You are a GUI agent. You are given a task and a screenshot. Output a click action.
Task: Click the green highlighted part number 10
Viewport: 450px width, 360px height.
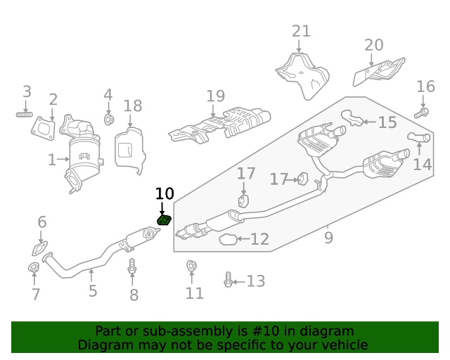coord(164,220)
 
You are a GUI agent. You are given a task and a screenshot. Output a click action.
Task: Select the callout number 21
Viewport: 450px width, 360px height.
coord(301,32)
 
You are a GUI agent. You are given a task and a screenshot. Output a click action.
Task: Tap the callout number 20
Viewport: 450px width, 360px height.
coord(374,46)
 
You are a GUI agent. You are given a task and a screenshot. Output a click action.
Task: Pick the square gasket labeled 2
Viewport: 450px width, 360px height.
coord(44,128)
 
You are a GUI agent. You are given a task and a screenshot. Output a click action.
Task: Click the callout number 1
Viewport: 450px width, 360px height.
coord(52,160)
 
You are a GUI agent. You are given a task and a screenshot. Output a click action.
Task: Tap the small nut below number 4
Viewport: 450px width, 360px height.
coord(109,120)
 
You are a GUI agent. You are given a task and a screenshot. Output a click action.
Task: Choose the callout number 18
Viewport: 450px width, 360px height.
coord(133,106)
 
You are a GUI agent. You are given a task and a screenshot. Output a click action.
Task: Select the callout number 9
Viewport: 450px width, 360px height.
coord(328,238)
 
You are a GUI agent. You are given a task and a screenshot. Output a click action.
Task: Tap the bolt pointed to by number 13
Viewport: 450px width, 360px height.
coord(228,281)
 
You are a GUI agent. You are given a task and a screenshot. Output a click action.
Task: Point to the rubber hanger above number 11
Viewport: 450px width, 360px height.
coord(191,266)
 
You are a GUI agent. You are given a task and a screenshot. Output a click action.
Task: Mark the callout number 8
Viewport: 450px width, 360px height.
coord(134,295)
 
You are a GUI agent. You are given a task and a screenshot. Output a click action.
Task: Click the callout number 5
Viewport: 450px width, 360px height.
coord(93,290)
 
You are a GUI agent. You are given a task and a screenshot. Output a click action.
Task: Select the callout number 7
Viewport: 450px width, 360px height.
coord(36,295)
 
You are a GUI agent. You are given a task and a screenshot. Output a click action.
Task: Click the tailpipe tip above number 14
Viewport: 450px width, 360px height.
coord(418,139)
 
